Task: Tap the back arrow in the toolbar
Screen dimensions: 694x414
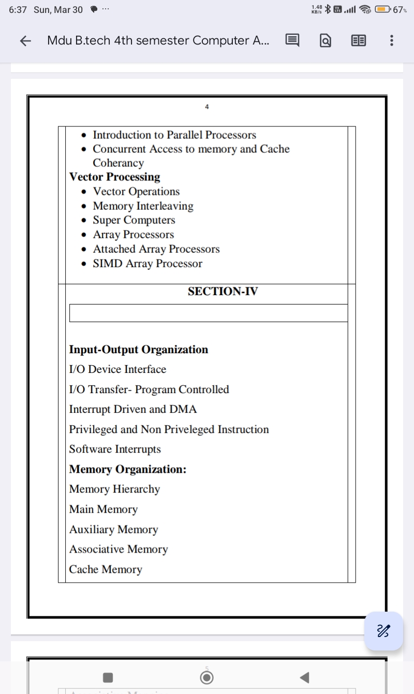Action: click(x=25, y=41)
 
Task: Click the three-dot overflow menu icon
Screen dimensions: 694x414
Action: click(x=391, y=40)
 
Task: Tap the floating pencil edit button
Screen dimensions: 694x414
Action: click(x=383, y=631)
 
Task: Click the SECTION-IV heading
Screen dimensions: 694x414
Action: click(x=223, y=292)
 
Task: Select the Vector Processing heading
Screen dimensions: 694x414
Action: click(x=115, y=177)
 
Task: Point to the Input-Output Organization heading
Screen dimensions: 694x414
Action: click(x=139, y=350)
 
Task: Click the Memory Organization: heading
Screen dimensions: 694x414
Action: click(x=128, y=469)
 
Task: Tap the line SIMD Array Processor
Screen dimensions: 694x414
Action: click(x=147, y=264)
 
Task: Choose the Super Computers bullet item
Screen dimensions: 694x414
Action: click(x=134, y=220)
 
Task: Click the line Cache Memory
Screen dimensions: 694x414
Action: click(x=106, y=569)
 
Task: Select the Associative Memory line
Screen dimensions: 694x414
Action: click(x=119, y=549)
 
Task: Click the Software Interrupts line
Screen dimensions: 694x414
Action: click(x=115, y=449)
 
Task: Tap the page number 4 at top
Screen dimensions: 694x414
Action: click(x=207, y=107)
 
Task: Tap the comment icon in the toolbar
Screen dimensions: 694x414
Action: click(x=292, y=40)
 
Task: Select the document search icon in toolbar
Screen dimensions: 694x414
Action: click(x=326, y=40)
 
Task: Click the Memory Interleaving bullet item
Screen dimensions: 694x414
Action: click(x=143, y=206)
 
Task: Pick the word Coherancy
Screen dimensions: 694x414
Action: click(x=118, y=163)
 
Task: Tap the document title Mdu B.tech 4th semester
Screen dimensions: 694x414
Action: click(x=158, y=40)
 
